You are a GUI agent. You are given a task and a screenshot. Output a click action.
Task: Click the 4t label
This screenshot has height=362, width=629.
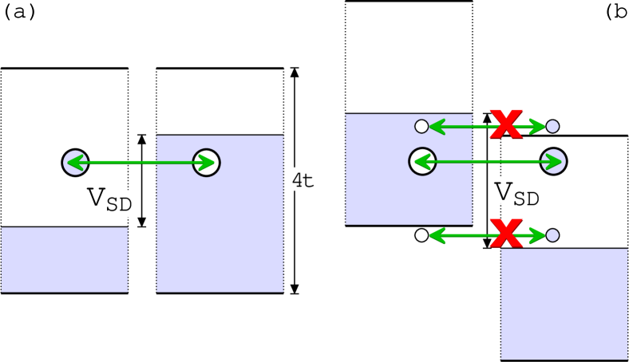point(302,179)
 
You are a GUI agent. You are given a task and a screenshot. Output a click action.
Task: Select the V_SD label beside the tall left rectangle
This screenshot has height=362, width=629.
point(112,203)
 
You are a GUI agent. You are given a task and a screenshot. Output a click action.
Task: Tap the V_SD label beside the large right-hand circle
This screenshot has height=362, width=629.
point(520,191)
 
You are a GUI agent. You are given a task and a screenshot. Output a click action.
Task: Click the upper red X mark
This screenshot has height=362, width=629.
point(505,124)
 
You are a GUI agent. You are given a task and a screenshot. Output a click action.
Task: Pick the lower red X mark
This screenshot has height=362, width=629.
point(505,234)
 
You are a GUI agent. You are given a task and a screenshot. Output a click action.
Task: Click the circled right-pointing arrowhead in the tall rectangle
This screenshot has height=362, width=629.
point(207,163)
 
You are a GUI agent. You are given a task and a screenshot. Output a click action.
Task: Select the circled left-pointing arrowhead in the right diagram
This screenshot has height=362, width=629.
point(422,162)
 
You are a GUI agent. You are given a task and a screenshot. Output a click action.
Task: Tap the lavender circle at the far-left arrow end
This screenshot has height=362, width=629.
point(74,163)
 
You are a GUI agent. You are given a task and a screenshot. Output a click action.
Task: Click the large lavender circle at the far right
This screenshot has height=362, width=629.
point(553,161)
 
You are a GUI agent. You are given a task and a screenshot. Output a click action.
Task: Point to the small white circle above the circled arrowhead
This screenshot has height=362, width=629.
point(421,126)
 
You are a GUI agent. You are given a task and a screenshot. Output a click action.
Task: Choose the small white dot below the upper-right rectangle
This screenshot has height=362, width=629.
point(421,235)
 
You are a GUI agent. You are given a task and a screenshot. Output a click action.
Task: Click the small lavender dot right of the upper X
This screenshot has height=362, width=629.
point(552,126)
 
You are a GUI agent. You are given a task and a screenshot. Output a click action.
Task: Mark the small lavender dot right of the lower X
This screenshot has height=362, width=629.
point(552,235)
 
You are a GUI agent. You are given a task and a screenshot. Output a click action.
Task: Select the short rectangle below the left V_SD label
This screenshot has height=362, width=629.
point(65,259)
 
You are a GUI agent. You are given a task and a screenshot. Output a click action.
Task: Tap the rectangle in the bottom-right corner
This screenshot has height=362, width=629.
point(564,303)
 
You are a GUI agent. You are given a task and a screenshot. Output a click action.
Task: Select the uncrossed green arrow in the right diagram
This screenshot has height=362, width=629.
point(487,162)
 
